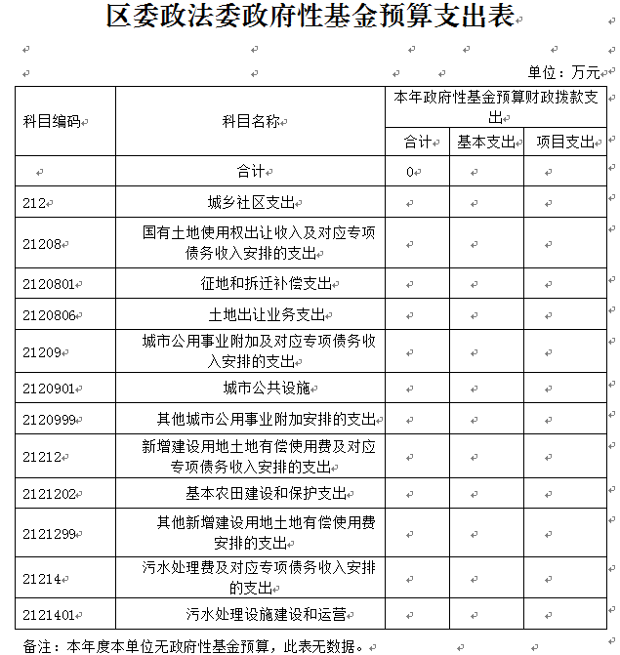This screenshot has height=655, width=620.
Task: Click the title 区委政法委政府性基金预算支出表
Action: (310, 17)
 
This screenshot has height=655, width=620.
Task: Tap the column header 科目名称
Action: (250, 121)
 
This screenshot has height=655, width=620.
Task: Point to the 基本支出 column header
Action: (486, 142)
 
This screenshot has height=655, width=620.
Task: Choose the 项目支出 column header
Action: (565, 142)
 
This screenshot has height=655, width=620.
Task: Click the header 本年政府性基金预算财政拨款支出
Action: (499, 106)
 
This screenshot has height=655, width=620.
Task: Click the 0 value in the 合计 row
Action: (411, 172)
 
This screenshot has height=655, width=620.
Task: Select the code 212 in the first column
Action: (35, 203)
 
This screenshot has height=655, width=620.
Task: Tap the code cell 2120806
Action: (49, 315)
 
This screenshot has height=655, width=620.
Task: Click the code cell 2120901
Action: (49, 389)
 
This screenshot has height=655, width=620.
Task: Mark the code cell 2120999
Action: (49, 420)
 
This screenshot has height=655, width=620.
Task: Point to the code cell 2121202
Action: (49, 493)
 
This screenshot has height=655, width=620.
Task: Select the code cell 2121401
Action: (49, 615)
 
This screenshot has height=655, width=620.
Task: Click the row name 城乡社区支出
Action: (250, 203)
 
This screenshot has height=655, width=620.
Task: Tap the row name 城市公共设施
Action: (266, 389)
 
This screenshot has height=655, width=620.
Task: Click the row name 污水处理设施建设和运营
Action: (266, 615)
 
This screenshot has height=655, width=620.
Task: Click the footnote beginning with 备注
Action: (195, 645)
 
